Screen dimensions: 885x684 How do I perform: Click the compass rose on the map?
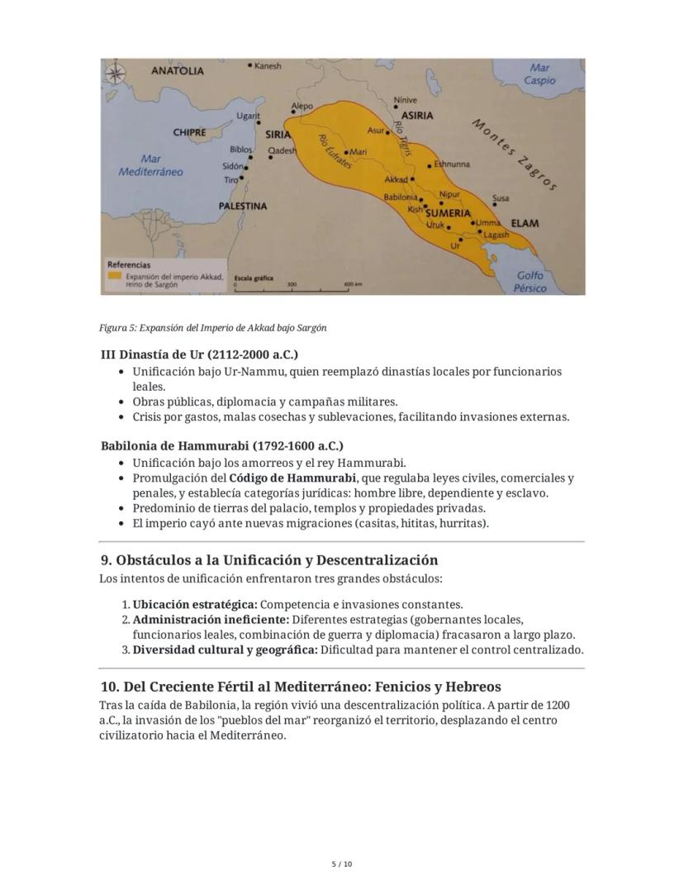(116, 74)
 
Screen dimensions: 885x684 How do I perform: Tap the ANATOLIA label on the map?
(177, 71)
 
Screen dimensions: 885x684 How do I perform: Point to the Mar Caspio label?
(539, 74)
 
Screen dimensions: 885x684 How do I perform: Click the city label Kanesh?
(267, 66)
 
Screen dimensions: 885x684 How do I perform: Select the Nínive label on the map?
(406, 100)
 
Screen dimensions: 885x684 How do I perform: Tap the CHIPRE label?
(190, 132)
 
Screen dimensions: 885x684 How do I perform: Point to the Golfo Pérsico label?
(530, 282)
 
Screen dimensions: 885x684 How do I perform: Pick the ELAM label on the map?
(525, 223)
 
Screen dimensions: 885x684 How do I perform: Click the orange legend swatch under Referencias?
(115, 275)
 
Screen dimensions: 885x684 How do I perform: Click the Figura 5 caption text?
(212, 328)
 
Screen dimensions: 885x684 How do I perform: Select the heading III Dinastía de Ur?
(199, 354)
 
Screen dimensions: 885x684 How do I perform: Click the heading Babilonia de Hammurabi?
(221, 446)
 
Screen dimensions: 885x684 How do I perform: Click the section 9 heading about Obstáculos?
(268, 560)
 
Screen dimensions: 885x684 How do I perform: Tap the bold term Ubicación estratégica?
(195, 604)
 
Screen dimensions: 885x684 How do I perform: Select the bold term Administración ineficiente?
(210, 619)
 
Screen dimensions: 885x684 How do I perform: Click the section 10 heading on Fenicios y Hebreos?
(300, 687)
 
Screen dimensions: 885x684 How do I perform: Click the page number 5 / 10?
(342, 864)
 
